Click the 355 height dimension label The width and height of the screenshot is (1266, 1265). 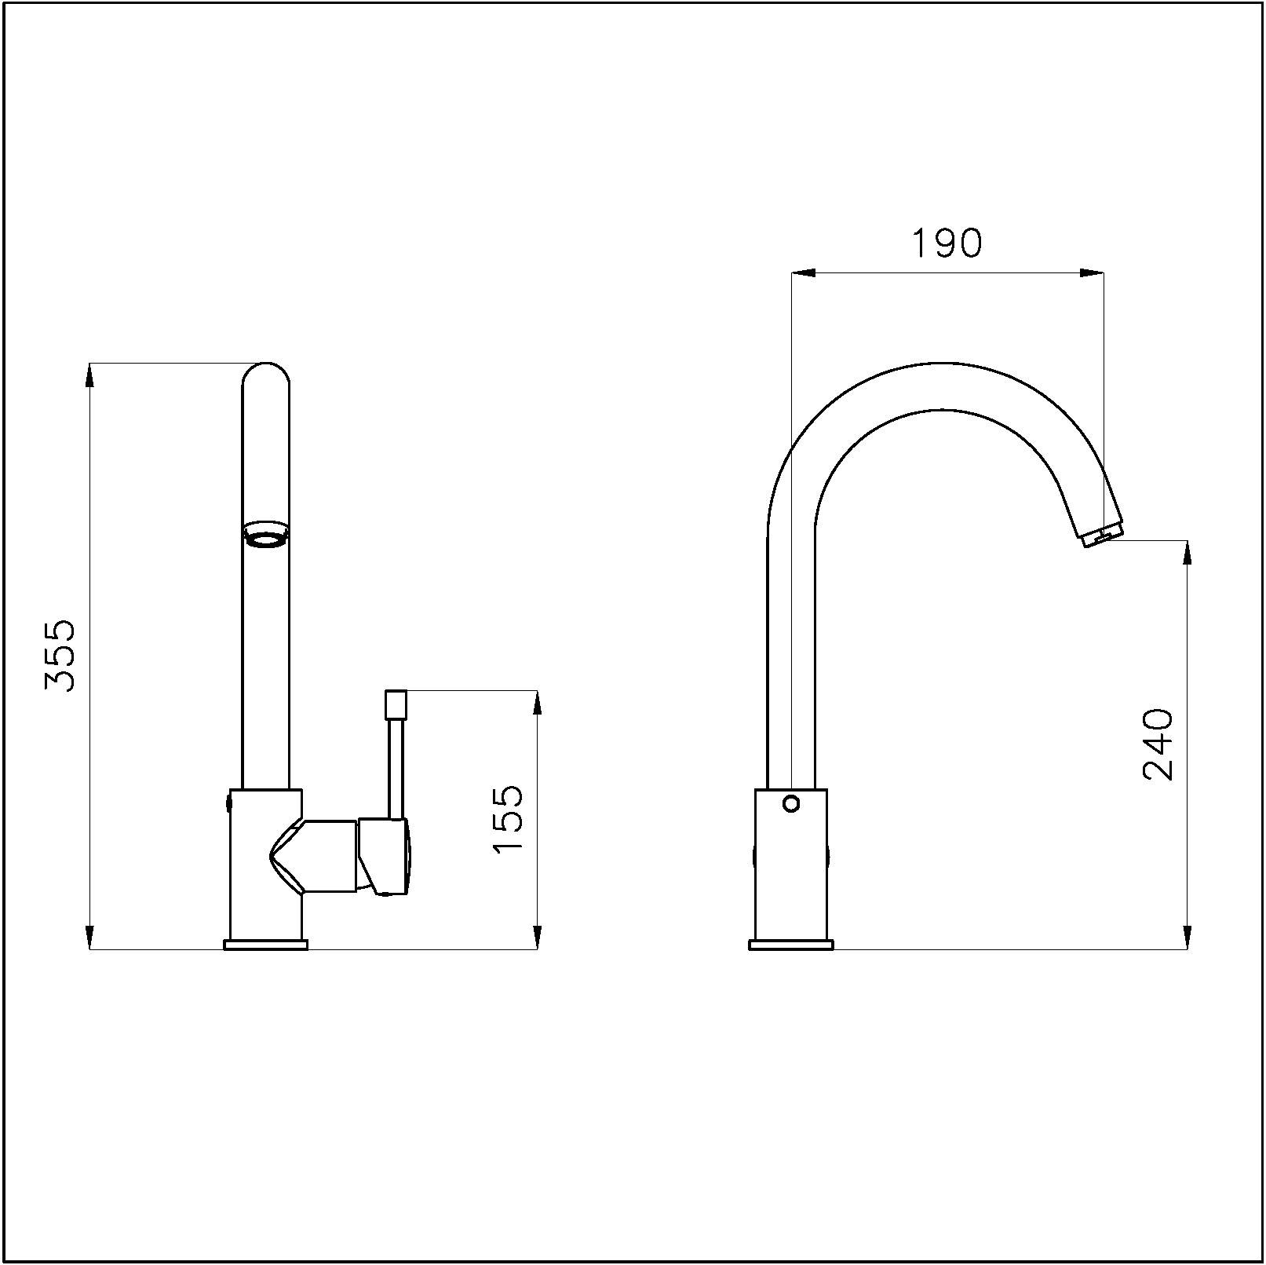click(x=60, y=656)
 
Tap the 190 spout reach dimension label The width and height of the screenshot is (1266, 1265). click(x=947, y=243)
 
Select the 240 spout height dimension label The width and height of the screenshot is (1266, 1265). click(x=1158, y=744)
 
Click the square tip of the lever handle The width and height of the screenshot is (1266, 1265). click(x=396, y=703)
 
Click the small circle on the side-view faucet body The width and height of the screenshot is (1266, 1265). click(x=791, y=804)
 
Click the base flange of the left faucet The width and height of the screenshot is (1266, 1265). click(x=266, y=945)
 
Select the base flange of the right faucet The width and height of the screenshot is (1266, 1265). click(x=791, y=945)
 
